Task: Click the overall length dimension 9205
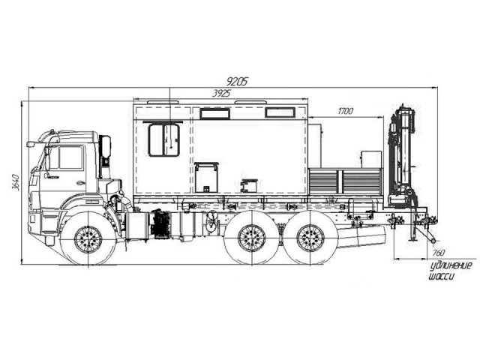(238, 81)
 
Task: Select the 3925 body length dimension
(222, 93)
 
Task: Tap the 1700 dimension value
(345, 111)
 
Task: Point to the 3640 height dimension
(16, 182)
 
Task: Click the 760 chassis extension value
(439, 253)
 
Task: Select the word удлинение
(451, 265)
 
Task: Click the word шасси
(440, 277)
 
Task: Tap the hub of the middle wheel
(252, 238)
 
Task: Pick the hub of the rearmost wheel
(310, 238)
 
